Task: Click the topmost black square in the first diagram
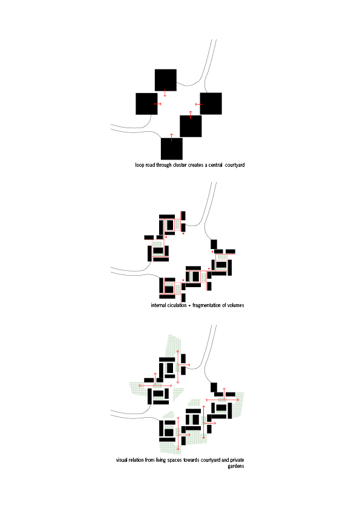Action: (x=166, y=80)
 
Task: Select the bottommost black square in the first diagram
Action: (x=172, y=149)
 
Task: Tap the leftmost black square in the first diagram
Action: (x=146, y=104)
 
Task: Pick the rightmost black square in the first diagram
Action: (x=211, y=103)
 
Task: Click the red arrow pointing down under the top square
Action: (x=165, y=93)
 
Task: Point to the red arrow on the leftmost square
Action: (x=158, y=104)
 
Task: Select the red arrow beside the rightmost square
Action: (x=199, y=104)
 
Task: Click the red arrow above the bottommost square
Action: (x=172, y=137)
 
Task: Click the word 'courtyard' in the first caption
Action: (x=235, y=165)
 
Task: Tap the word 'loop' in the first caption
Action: (x=139, y=165)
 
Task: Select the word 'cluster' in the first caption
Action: (x=180, y=165)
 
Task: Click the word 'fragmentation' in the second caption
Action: (x=207, y=305)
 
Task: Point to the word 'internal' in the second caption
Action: (x=159, y=305)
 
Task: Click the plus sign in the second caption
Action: (x=189, y=306)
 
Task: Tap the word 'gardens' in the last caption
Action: (x=236, y=466)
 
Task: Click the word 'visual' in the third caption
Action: (x=122, y=460)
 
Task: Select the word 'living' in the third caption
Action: (x=160, y=460)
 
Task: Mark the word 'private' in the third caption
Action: (x=237, y=460)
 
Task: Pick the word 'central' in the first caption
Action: (x=215, y=165)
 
